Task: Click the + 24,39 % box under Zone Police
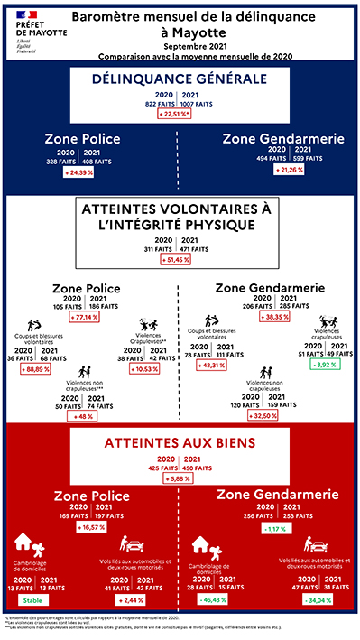click(86, 172)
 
